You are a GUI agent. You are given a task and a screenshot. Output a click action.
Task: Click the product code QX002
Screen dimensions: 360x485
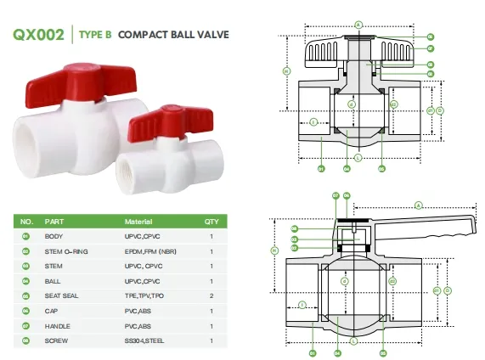click(x=39, y=36)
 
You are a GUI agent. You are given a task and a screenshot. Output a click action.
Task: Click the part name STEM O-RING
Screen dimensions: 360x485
click(x=65, y=250)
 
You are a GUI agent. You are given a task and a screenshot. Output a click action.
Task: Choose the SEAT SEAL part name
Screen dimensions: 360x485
click(x=62, y=295)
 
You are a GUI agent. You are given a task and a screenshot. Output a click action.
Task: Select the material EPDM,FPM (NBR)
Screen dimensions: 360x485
click(x=150, y=250)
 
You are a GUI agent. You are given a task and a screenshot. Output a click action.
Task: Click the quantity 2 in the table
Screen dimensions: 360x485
click(x=211, y=295)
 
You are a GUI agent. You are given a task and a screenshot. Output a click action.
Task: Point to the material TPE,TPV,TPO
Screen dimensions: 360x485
click(x=144, y=295)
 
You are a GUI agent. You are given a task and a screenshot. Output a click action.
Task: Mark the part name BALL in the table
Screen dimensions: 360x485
click(x=53, y=280)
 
